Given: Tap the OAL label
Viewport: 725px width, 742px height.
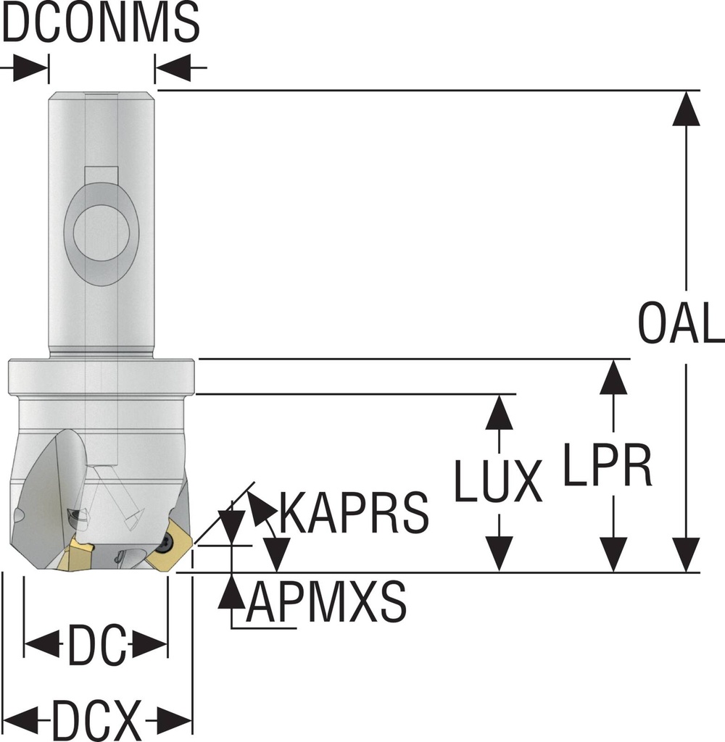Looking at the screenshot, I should click(x=680, y=324).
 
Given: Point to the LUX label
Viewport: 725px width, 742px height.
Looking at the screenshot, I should click(x=499, y=480).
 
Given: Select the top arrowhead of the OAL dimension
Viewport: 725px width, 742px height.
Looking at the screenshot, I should click(x=686, y=109).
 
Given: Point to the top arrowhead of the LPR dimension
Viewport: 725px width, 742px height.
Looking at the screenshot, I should click(x=614, y=377).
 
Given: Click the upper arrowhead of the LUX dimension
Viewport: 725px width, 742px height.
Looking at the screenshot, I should click(x=499, y=413).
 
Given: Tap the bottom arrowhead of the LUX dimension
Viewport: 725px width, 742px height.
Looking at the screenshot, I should click(x=499, y=554).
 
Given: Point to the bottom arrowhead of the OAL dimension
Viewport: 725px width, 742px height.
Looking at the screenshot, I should click(x=686, y=554).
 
